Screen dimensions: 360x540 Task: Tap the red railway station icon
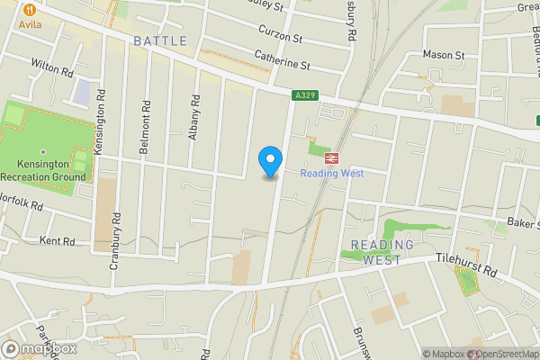[331, 157]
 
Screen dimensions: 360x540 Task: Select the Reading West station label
[331, 173]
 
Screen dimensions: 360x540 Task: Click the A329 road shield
[304, 94]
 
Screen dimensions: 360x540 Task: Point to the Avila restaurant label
[31, 24]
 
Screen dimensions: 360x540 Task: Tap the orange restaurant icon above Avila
[31, 8]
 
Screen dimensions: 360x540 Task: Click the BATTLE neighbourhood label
[160, 41]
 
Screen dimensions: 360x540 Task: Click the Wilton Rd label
[50, 67]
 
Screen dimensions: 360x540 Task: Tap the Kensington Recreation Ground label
[43, 171]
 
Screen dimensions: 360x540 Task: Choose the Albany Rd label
[192, 118]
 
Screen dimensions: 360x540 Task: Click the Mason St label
[444, 55]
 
